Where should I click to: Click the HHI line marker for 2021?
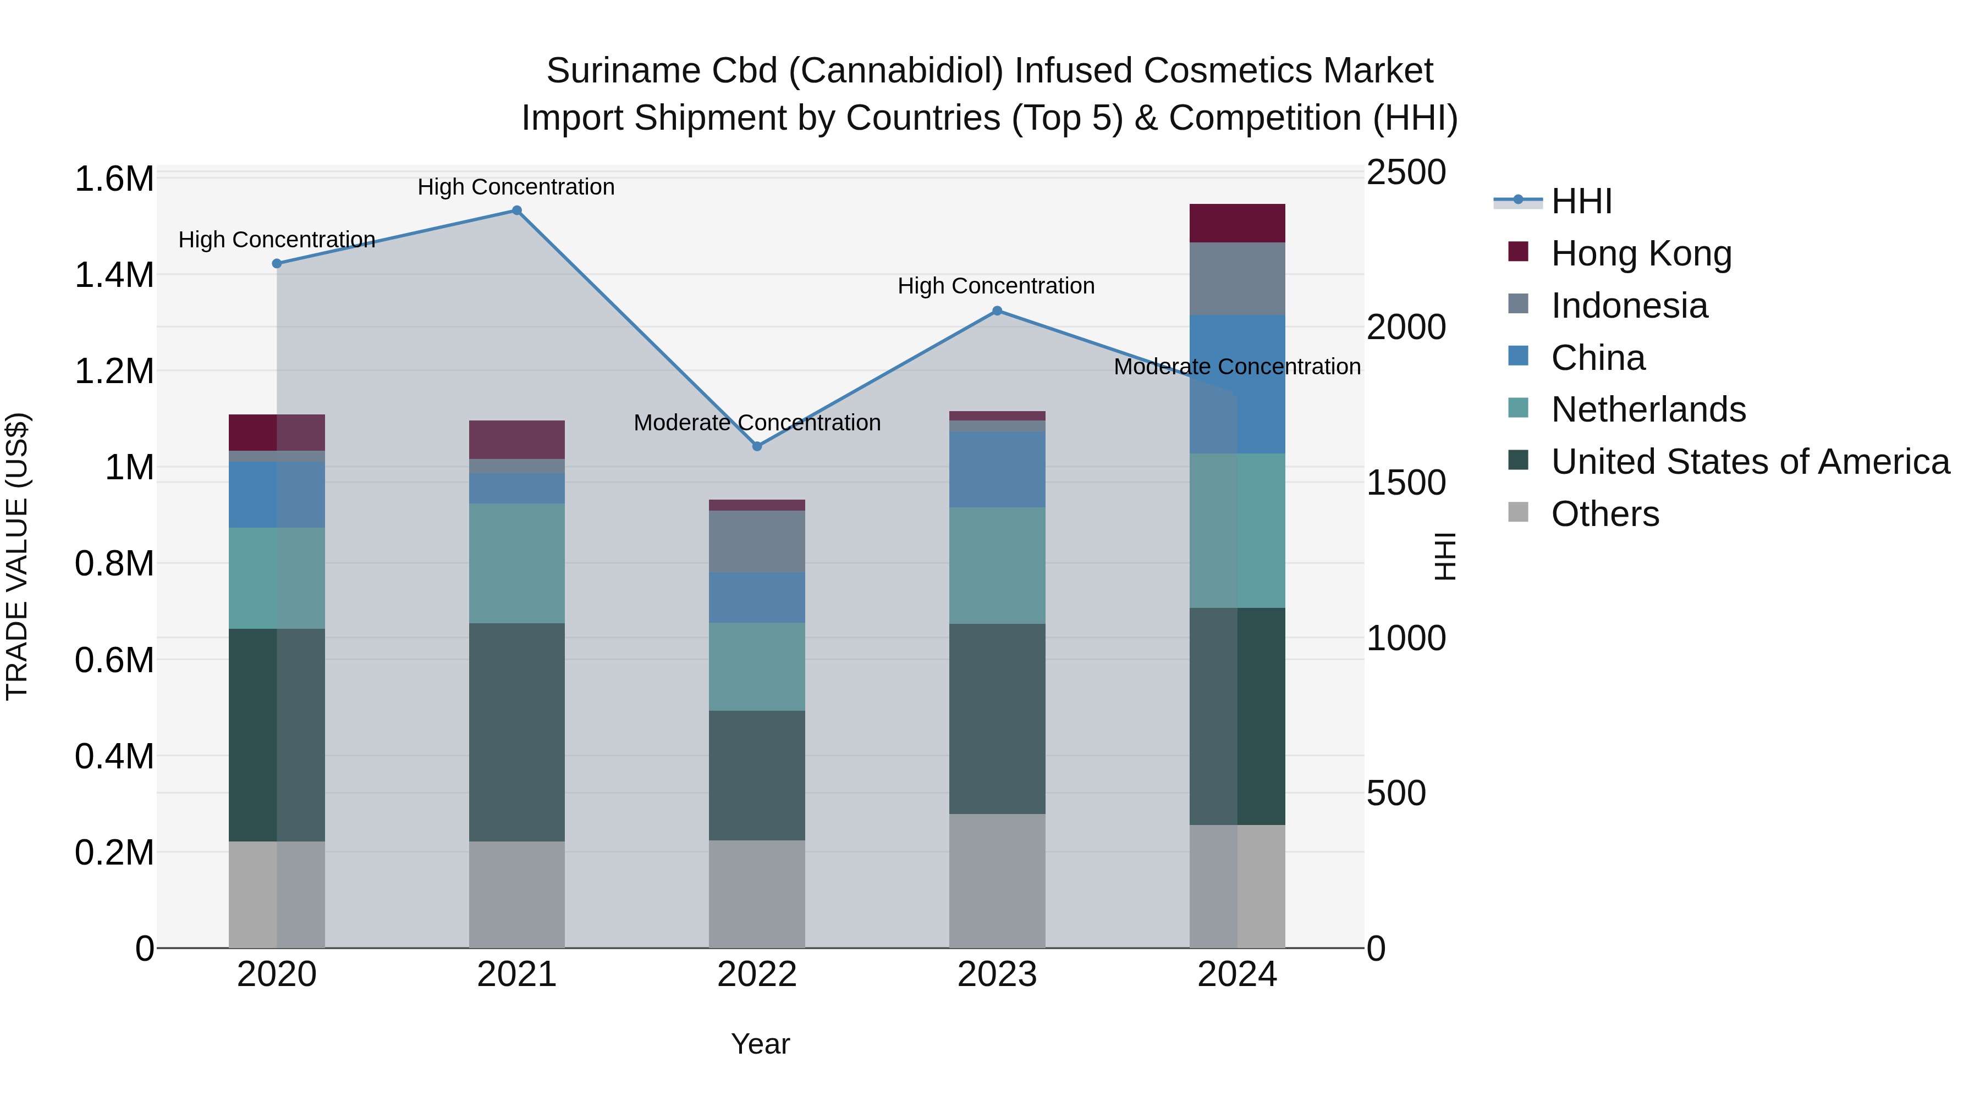tap(516, 211)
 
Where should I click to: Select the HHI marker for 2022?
tap(757, 446)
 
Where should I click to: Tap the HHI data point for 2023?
tap(997, 311)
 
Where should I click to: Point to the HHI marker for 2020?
tap(277, 263)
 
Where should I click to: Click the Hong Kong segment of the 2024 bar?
tap(1237, 224)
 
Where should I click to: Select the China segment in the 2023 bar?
tap(997, 469)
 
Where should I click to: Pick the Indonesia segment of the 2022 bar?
tap(757, 541)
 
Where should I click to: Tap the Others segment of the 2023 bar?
tap(997, 881)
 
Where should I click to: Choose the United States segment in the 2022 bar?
tap(757, 775)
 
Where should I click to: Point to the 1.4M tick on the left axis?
tap(114, 275)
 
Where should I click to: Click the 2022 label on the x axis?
tap(757, 974)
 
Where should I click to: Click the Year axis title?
tap(760, 1044)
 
